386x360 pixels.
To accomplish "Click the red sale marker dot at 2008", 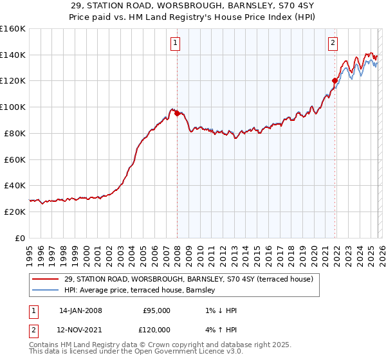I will pyautogui.click(x=177, y=114).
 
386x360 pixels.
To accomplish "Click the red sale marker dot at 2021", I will pyautogui.click(x=335, y=81).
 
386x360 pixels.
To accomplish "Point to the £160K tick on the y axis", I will pyautogui.click(x=13, y=29).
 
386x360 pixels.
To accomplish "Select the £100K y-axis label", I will pyautogui.click(x=13, y=107).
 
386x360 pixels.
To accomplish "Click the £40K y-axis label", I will pyautogui.click(x=15, y=186).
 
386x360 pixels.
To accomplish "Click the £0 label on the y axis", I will pyautogui.click(x=21, y=238).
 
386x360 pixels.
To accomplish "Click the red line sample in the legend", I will pyautogui.click(x=46, y=279).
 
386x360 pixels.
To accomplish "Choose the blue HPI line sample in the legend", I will pyautogui.click(x=46, y=291).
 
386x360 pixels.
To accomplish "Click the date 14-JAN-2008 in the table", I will pyautogui.click(x=80, y=310).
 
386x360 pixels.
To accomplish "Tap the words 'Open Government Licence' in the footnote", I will pyautogui.click(x=170, y=352).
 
